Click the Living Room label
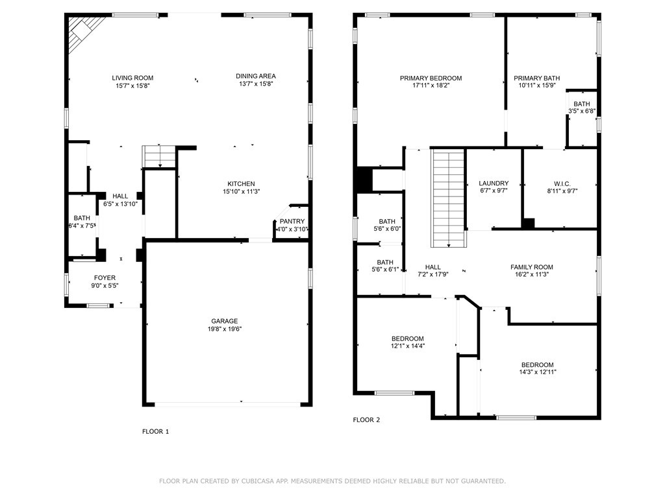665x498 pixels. (x=132, y=78)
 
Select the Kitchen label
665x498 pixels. (x=241, y=184)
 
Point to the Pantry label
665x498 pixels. (x=292, y=222)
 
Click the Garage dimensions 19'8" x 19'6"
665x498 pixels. (x=224, y=329)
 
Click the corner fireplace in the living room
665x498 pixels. (x=85, y=30)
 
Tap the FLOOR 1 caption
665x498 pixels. (x=156, y=431)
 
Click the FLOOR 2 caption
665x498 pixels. (x=366, y=420)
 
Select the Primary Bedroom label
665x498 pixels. (x=431, y=78)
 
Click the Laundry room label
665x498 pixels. (x=494, y=184)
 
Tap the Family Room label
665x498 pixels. (x=531, y=267)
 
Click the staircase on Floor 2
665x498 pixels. (x=449, y=198)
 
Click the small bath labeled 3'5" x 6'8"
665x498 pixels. (x=582, y=108)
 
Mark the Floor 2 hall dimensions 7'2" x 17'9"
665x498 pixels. (x=433, y=275)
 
